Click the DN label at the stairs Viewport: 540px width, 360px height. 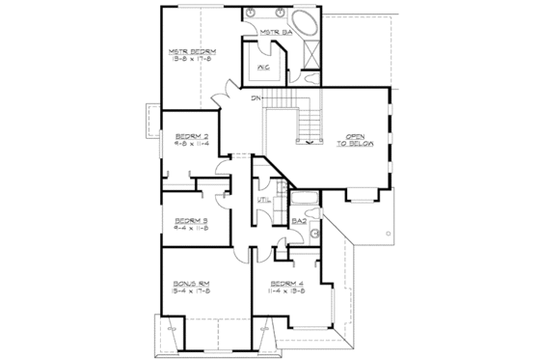pos(256,99)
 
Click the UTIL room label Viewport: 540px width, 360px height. pos(262,200)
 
